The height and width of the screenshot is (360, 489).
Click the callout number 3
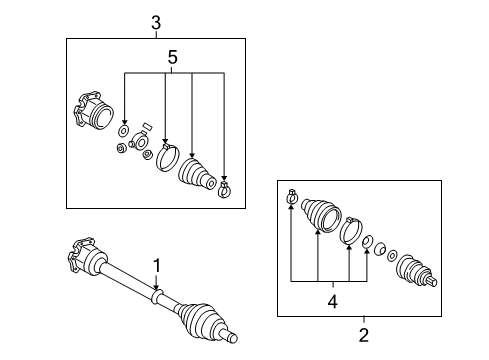(156, 23)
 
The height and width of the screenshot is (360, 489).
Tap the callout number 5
(172, 57)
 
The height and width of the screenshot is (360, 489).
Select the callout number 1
(157, 266)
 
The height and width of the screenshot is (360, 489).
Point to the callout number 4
(333, 302)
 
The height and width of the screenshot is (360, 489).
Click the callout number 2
(364, 335)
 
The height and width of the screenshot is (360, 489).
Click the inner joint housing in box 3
(93, 111)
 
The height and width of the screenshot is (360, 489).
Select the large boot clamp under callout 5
(167, 158)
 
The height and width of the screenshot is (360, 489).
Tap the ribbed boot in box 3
(197, 174)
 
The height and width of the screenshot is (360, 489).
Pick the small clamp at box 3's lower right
(225, 190)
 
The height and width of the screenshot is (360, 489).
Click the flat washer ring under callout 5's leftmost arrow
(124, 131)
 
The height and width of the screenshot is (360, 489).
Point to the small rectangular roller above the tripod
(147, 126)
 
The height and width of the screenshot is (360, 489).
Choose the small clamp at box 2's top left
(292, 196)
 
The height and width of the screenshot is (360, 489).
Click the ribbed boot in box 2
(321, 215)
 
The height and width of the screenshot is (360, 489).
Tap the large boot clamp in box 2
(351, 230)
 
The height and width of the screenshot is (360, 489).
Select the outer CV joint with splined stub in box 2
(416, 271)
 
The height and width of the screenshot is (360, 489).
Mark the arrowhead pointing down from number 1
(156, 287)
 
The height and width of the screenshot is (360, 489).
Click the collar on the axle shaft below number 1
(157, 297)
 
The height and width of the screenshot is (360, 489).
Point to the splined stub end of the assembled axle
(230, 336)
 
